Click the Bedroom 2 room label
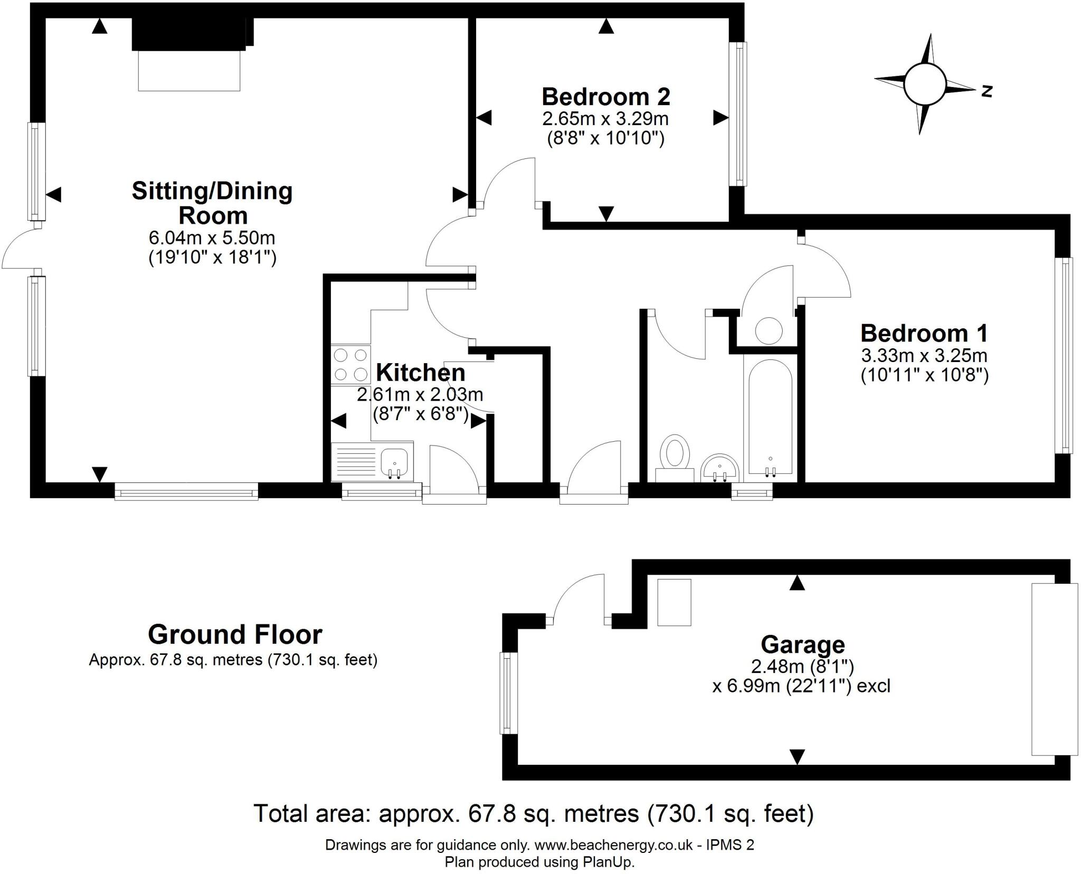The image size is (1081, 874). (x=605, y=97)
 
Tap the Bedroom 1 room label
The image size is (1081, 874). (x=924, y=334)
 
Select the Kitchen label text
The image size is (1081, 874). (x=421, y=373)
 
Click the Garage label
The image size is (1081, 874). (x=802, y=644)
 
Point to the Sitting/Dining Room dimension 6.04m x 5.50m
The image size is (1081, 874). (x=212, y=237)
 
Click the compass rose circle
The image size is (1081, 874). (x=924, y=84)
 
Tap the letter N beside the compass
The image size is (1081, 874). (x=987, y=91)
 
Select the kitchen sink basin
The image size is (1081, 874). (x=394, y=461)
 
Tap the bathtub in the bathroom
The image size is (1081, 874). (x=770, y=417)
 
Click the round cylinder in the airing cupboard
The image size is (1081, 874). (x=769, y=331)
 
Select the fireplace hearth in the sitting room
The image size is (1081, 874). (x=189, y=71)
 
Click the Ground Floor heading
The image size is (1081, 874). (x=235, y=634)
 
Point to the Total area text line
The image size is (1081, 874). (x=533, y=813)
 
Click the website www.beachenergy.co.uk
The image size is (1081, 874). (x=613, y=845)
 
